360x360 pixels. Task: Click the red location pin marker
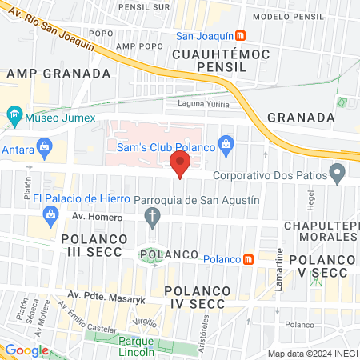[x=180, y=166]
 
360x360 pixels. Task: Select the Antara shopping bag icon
[x=44, y=146]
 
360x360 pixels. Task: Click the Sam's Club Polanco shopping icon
[x=226, y=144]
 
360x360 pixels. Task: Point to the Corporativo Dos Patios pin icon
[x=338, y=172]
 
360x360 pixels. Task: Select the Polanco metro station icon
[x=249, y=259]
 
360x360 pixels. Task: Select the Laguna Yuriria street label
[x=202, y=104]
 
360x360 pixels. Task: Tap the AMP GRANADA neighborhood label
[x=58, y=73]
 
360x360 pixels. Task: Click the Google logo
[x=26, y=350]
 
